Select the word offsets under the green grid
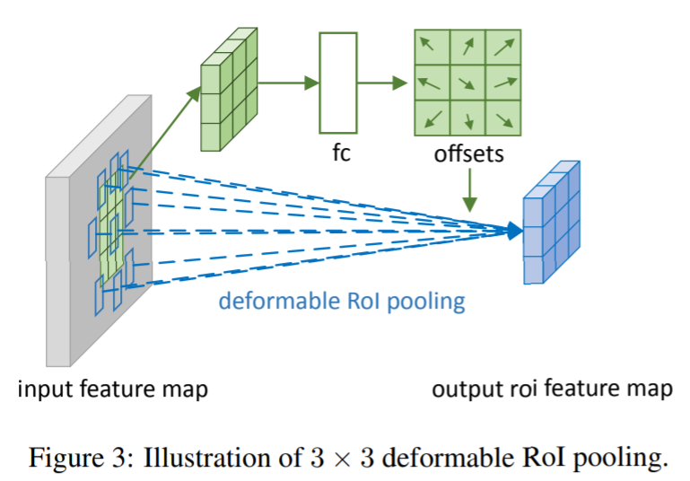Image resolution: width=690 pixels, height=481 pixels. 469,153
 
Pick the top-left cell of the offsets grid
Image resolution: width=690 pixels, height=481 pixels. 432,46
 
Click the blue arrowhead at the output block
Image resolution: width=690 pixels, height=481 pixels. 512,232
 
